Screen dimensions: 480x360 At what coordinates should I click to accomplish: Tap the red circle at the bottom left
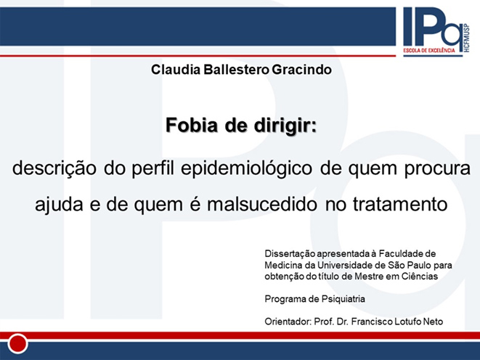point(17,343)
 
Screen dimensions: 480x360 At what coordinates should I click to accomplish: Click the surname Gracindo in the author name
point(301,70)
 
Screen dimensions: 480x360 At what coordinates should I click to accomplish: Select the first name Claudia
point(176,70)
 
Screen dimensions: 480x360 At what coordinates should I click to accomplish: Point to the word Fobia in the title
point(192,125)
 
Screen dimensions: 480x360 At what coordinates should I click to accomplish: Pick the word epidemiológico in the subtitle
point(246,169)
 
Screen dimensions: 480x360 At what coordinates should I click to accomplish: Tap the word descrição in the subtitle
point(54,169)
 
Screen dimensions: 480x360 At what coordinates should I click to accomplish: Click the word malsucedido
point(261,205)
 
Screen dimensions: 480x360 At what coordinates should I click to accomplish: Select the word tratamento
point(400,205)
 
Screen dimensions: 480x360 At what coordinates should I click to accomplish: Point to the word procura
point(437,169)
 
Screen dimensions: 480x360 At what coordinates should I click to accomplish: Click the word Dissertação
point(290,254)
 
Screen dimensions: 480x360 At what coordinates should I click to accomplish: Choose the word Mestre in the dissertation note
point(369,277)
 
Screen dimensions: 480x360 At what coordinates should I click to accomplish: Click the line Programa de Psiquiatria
point(314,299)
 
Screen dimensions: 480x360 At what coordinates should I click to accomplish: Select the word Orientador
point(288,322)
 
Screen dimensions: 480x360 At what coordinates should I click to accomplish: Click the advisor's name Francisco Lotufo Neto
point(397,322)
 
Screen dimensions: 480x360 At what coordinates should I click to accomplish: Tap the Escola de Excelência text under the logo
point(429,50)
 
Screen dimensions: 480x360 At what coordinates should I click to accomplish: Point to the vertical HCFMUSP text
point(466,38)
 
